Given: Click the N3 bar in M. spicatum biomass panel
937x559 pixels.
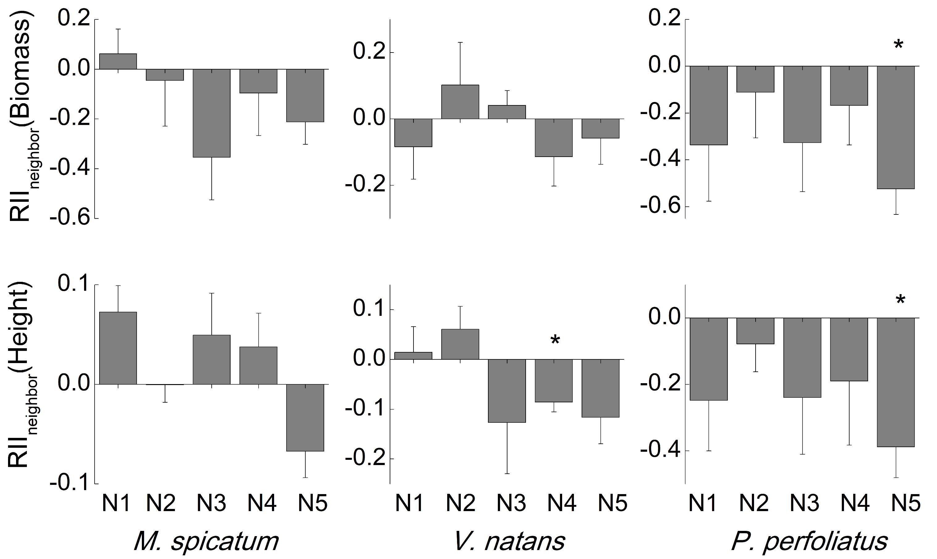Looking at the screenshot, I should [x=211, y=113].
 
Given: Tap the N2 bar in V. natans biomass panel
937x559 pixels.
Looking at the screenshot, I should [x=460, y=102].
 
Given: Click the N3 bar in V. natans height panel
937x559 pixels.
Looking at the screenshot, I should [x=507, y=391].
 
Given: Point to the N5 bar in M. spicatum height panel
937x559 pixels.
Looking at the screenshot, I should [x=305, y=417].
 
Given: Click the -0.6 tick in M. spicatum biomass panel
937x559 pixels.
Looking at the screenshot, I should [x=74, y=218].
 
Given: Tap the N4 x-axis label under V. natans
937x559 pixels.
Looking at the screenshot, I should [x=562, y=503].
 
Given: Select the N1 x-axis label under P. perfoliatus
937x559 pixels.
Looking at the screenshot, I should [x=703, y=503].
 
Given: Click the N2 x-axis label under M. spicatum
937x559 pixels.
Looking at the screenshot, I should [x=161, y=503].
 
